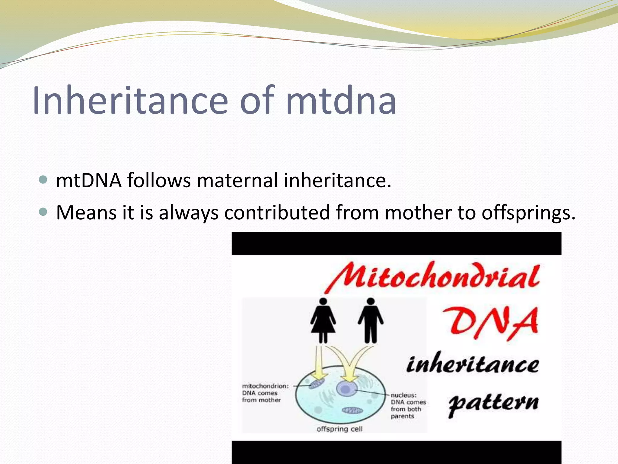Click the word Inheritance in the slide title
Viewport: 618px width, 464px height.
(x=130, y=101)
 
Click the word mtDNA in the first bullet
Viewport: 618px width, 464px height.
(x=89, y=180)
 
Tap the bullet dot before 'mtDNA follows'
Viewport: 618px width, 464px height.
(x=43, y=180)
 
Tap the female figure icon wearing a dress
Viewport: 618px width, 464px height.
(x=323, y=320)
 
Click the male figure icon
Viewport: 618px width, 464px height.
(x=371, y=320)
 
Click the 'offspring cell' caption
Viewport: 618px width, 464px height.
(x=339, y=429)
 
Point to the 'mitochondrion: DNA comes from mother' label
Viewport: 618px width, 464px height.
(x=265, y=393)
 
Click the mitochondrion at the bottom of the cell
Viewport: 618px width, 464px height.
(x=352, y=411)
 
